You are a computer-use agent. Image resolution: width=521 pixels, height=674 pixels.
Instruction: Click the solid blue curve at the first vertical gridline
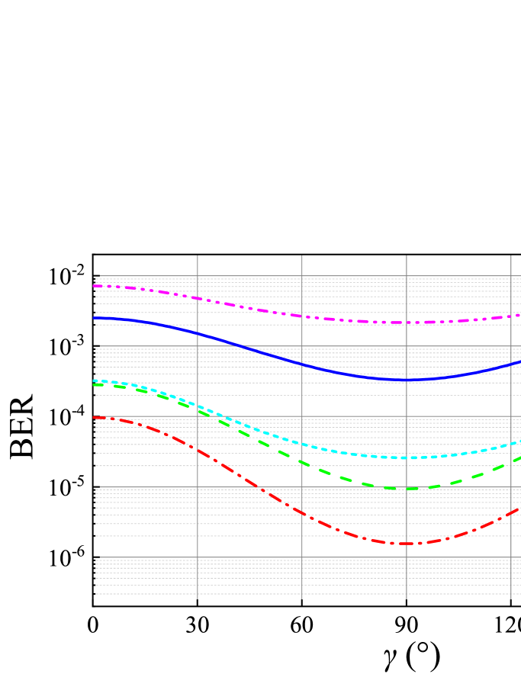(198, 333)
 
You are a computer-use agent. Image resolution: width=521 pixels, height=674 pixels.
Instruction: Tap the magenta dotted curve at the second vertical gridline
(302, 316)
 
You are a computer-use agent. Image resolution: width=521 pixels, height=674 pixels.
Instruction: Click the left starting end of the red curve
(95, 417)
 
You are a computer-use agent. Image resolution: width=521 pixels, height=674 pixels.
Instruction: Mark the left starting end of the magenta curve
(95, 286)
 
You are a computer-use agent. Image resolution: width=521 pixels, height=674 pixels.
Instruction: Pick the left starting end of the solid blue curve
(95, 318)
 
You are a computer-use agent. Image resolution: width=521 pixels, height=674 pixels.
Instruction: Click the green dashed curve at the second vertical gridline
(302, 461)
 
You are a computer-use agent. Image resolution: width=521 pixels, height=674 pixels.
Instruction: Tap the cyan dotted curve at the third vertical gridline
(407, 457)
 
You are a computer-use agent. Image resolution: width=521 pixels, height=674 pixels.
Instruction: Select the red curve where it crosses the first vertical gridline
(198, 450)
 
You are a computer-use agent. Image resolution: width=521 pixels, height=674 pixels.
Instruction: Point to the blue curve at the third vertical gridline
(407, 380)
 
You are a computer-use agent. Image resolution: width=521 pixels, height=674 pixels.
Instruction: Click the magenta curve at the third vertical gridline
(407, 323)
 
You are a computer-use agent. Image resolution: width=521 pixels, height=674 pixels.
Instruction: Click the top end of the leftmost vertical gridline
(198, 256)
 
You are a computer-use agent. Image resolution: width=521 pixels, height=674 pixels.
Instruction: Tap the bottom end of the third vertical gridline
(407, 599)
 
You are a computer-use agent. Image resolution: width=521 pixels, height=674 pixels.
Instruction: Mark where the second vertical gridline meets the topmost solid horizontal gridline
(302, 276)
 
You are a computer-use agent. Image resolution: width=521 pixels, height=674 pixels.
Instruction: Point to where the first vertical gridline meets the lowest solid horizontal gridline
(198, 557)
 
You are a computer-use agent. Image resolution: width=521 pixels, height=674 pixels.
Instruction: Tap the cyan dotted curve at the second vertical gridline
(302, 443)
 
